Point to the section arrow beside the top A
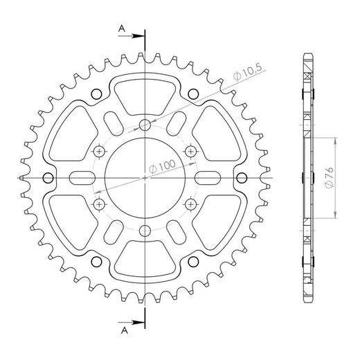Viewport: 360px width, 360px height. pos(135,38)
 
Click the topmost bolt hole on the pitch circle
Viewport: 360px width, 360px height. pos(145,125)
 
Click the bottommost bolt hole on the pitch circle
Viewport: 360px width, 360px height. pos(145,231)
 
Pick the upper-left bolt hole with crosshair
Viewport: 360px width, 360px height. pos(99,151)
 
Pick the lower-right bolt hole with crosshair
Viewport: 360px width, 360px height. pos(190,204)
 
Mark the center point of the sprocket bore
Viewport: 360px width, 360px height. pos(145,178)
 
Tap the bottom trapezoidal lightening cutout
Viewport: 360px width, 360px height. pos(145,263)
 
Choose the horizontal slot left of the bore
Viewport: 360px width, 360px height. pos(78,178)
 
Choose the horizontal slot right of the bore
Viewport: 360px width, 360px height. pos(211,178)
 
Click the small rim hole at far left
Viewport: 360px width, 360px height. pos(47,178)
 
